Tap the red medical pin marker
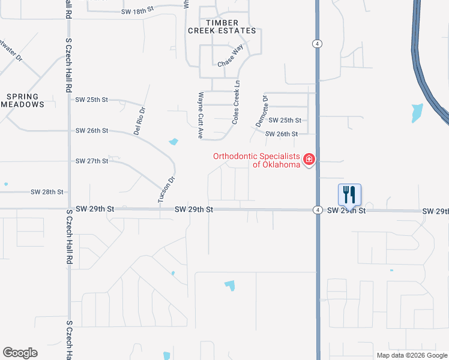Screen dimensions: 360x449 pos(309,160)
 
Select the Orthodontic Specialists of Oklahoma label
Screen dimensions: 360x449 pos(256,160)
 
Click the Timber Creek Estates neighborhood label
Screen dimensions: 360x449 pos(222,26)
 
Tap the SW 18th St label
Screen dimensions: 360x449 pos(137,11)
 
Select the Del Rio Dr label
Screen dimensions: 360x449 pos(139,121)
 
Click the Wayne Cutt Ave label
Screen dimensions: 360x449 pos(200,115)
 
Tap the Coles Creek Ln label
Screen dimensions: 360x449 pos(237,103)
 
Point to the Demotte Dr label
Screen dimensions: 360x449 pos(261,110)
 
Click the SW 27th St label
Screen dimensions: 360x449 pos(92,161)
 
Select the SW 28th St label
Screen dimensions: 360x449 pos(47,192)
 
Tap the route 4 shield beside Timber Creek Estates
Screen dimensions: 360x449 pos(316,43)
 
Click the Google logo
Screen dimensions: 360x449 pos(20,353)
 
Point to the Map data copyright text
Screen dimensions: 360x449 pos(412,355)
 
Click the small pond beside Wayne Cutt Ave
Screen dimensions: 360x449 pos(173,142)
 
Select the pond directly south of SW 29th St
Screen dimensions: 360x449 pos(229,285)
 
